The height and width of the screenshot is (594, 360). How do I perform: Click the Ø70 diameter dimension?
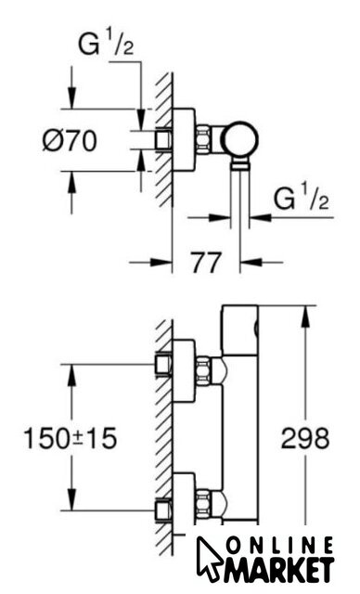point(70,140)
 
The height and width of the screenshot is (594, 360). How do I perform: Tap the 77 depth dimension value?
point(205,262)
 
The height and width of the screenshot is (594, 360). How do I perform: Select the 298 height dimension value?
point(305,438)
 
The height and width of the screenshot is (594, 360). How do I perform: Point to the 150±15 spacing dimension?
point(71,438)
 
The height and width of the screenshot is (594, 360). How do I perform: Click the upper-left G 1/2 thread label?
point(106,44)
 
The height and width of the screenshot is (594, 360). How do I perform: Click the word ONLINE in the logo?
point(281,547)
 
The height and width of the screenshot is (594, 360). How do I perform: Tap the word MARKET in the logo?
point(278,569)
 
